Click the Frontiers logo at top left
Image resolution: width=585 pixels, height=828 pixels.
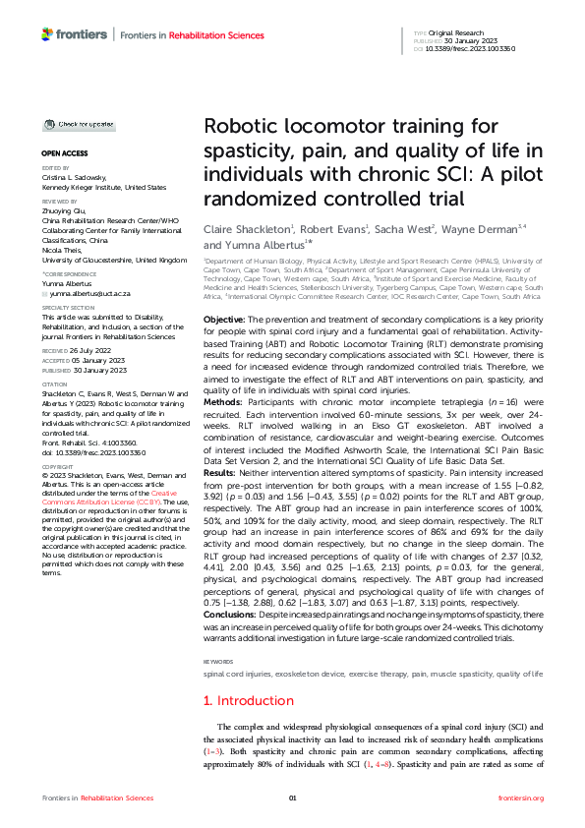(x=75, y=35)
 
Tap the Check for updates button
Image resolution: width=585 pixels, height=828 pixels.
(x=79, y=125)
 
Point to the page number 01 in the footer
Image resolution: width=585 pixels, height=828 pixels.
(x=292, y=798)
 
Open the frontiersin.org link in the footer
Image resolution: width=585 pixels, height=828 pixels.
(x=521, y=798)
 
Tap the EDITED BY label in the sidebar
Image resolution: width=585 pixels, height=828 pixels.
(x=54, y=168)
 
